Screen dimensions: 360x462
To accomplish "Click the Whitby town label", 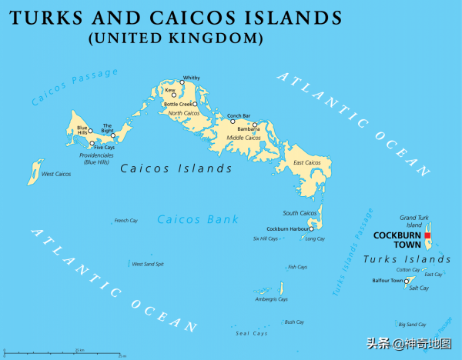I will (x=190, y=78).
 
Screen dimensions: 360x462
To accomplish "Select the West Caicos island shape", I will (x=33, y=172).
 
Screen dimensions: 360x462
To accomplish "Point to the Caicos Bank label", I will (x=198, y=219).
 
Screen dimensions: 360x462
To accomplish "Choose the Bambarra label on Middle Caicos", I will (x=248, y=128).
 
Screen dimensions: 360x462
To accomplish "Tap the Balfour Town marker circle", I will (x=407, y=281).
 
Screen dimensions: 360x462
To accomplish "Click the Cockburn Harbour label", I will (x=288, y=229).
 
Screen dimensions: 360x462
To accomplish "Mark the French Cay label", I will (x=126, y=221).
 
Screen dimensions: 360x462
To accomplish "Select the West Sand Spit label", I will (x=148, y=264).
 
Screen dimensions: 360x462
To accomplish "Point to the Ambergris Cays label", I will (x=272, y=299).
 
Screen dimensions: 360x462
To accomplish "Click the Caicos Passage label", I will (x=75, y=86).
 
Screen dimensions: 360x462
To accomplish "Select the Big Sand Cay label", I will (x=412, y=325).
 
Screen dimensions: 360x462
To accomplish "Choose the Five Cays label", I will (x=105, y=147).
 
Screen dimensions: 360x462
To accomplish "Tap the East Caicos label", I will (x=307, y=163).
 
